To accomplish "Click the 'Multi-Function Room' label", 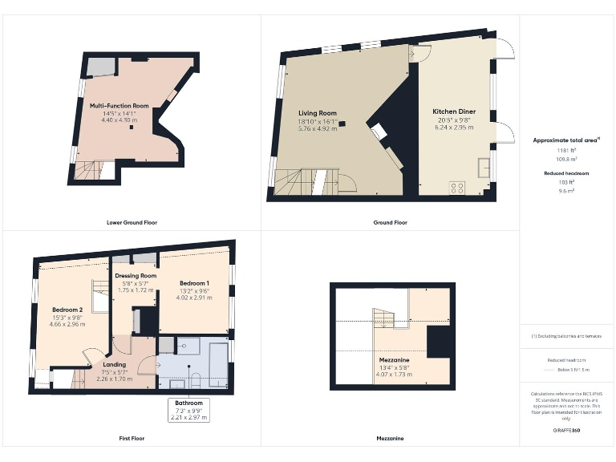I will coord(119,106).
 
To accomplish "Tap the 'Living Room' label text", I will coord(317,114).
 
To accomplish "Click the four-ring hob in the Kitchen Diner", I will coord(458,188).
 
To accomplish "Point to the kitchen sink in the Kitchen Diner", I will coord(484,167).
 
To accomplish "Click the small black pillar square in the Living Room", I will coord(342,123).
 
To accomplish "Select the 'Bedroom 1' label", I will coord(194,283).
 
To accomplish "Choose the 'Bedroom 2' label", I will coord(68,310).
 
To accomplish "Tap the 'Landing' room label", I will coord(114,365).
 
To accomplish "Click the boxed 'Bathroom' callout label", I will coord(188,403).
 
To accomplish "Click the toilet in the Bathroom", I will coord(193,380).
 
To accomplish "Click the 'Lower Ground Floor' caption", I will coord(131,222).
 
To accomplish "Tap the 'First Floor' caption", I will coord(131,439).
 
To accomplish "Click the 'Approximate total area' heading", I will coord(565,140).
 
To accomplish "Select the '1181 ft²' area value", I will coord(566,150).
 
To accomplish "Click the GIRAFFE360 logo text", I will coord(566,431).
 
